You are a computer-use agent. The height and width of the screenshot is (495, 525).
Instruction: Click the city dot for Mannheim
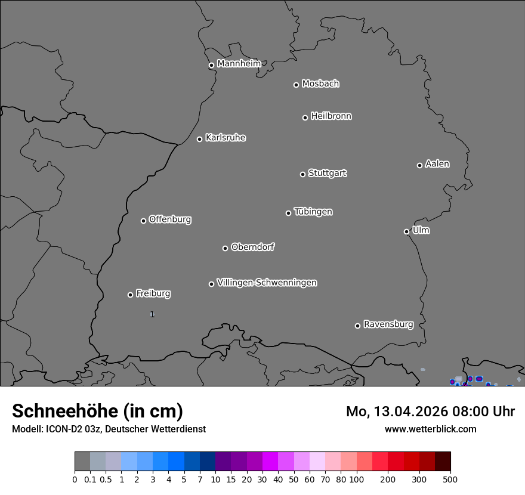pos(211,66)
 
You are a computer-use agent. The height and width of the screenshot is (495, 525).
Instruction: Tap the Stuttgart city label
pos(327,174)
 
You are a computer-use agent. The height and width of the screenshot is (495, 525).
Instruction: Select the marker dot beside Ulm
pos(406,231)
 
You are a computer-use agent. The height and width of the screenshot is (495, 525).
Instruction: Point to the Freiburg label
pos(153,293)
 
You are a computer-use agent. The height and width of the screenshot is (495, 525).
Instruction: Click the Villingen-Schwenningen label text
pos(267,283)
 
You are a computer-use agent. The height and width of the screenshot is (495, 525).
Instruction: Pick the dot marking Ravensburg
pos(357,326)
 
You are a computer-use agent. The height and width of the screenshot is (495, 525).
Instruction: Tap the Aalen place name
pos(437,164)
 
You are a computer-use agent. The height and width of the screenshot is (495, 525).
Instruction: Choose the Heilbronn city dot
pos(305,117)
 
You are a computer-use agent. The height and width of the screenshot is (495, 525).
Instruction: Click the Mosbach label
pos(320,84)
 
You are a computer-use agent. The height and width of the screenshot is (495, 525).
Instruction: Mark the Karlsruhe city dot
pos(199,140)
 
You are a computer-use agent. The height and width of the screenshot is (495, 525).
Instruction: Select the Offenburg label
pos(170,219)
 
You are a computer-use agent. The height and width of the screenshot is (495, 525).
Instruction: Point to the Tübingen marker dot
pos(288,213)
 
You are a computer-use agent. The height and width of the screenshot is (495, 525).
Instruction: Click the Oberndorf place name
pos(253,247)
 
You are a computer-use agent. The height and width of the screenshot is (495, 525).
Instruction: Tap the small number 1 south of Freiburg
pos(152,314)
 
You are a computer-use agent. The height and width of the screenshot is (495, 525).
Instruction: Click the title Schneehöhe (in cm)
pos(97,412)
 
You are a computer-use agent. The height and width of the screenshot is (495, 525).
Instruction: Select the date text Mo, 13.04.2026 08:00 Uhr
pos(430,412)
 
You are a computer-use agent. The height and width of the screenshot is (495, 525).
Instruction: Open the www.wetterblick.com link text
pos(430,429)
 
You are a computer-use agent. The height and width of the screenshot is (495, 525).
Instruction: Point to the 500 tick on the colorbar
pos(450,479)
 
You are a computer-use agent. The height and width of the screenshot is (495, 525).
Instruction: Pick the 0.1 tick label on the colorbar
pos(90,479)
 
